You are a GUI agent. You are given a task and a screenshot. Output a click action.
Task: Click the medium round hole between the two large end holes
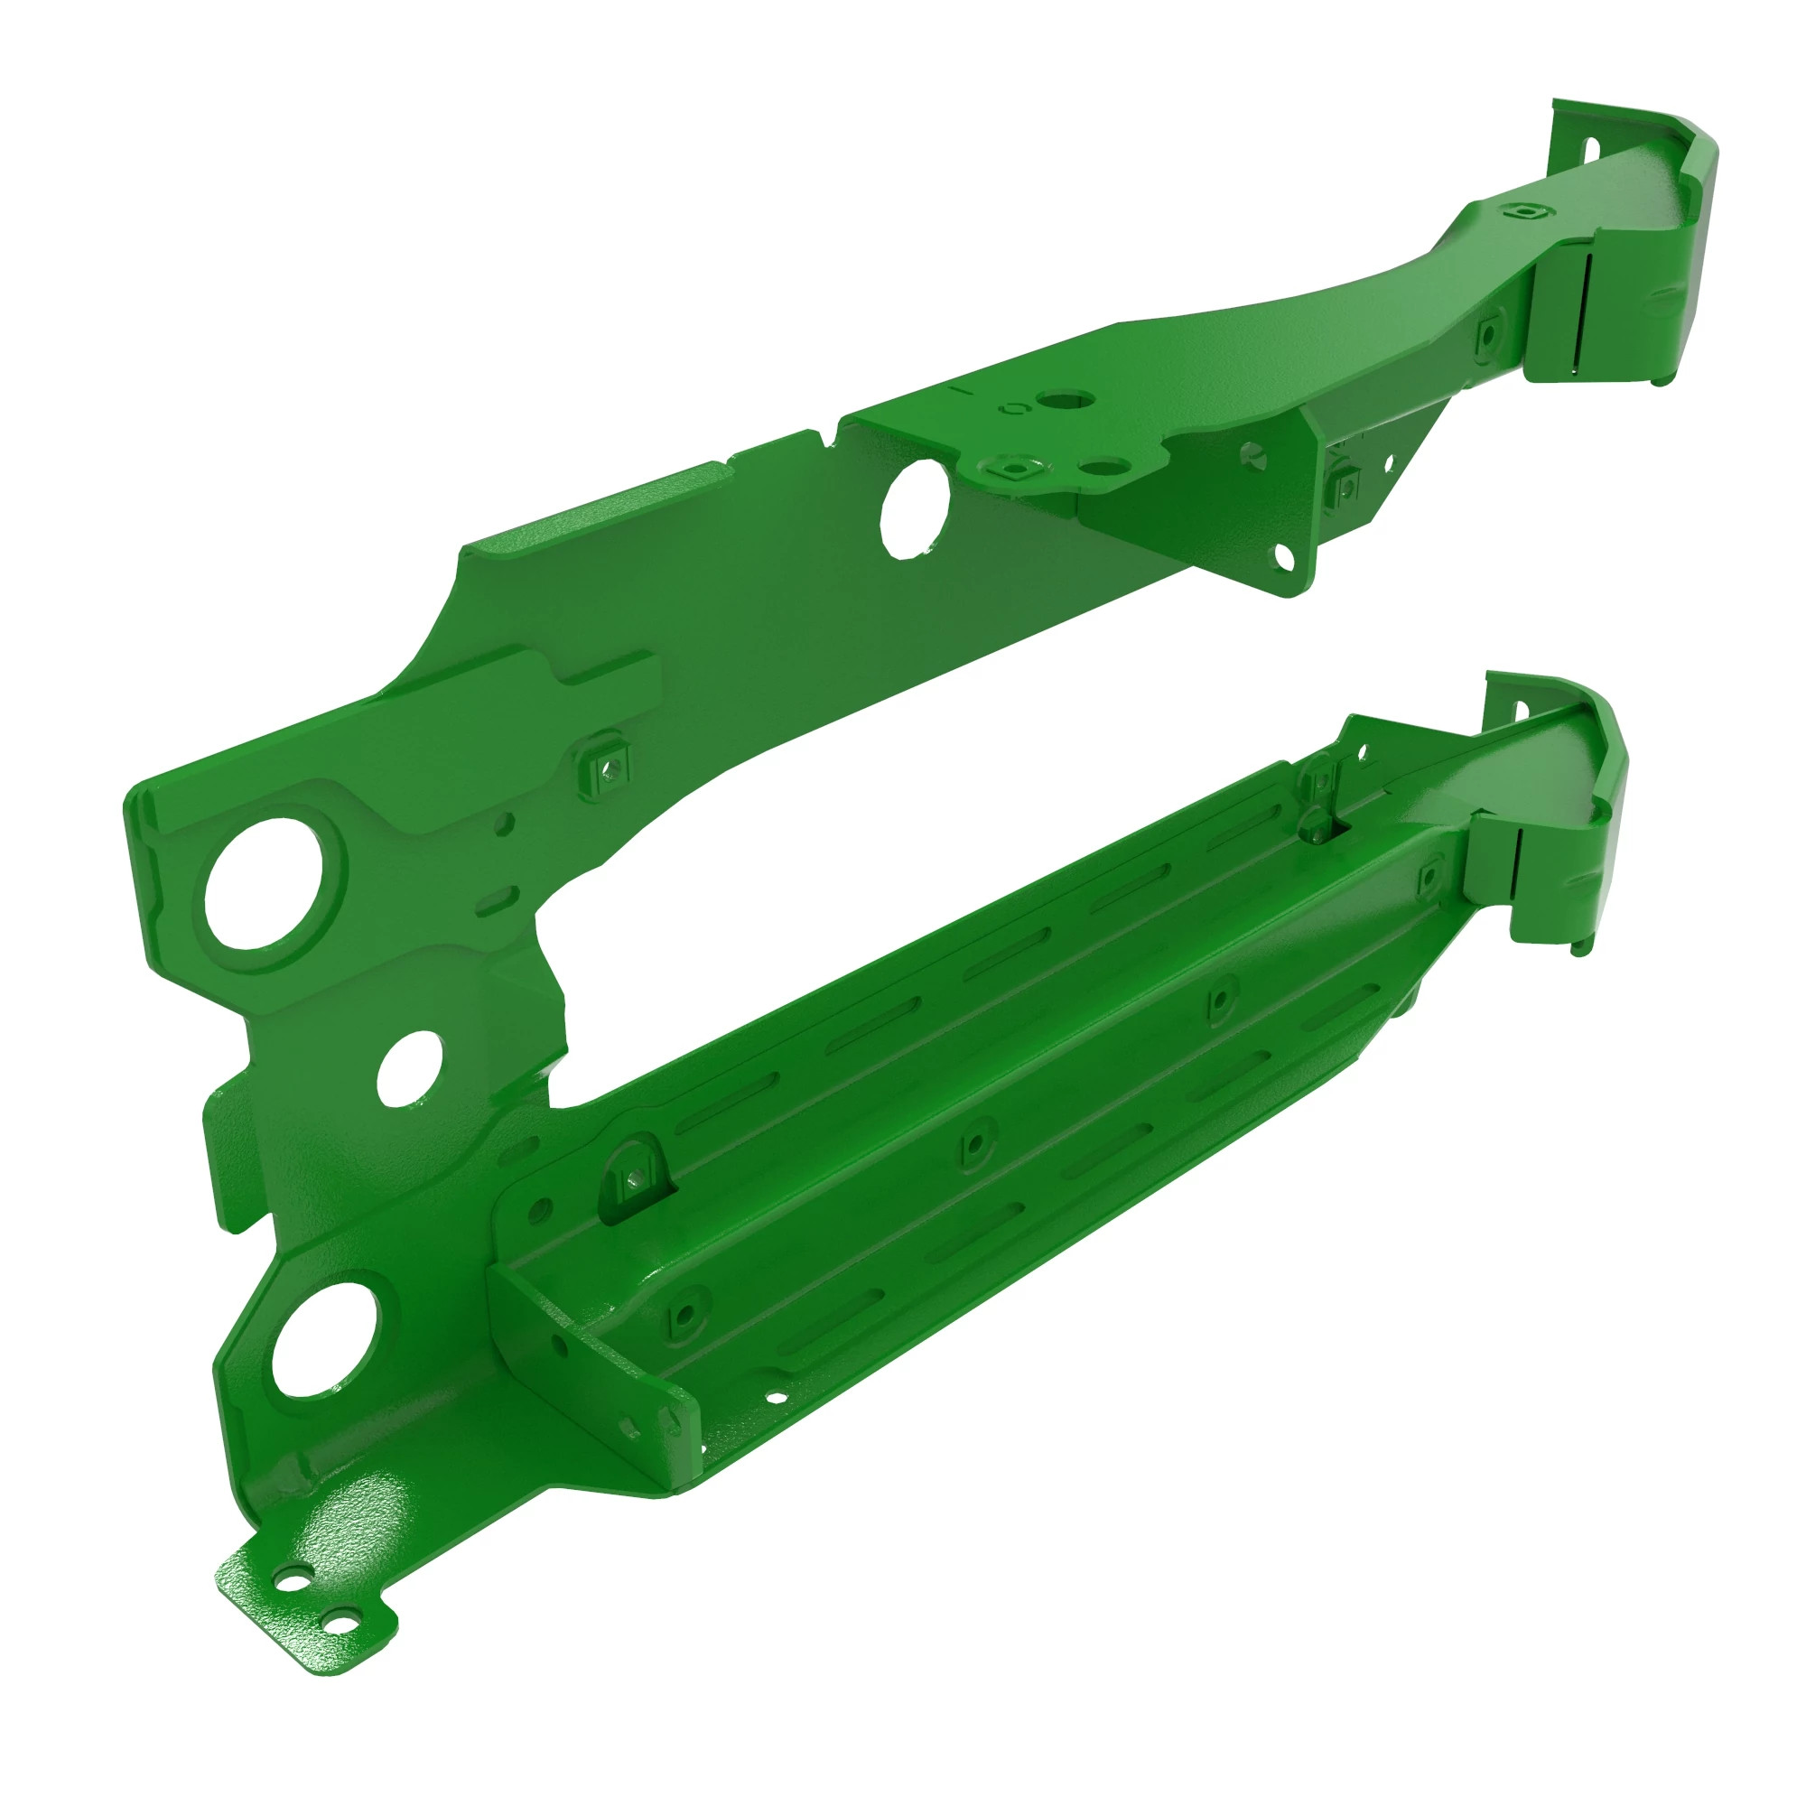[409, 1069]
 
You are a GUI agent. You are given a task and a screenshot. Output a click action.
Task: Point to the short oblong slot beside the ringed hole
[495, 901]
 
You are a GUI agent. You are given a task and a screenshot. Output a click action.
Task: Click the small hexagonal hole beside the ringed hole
[505, 823]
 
